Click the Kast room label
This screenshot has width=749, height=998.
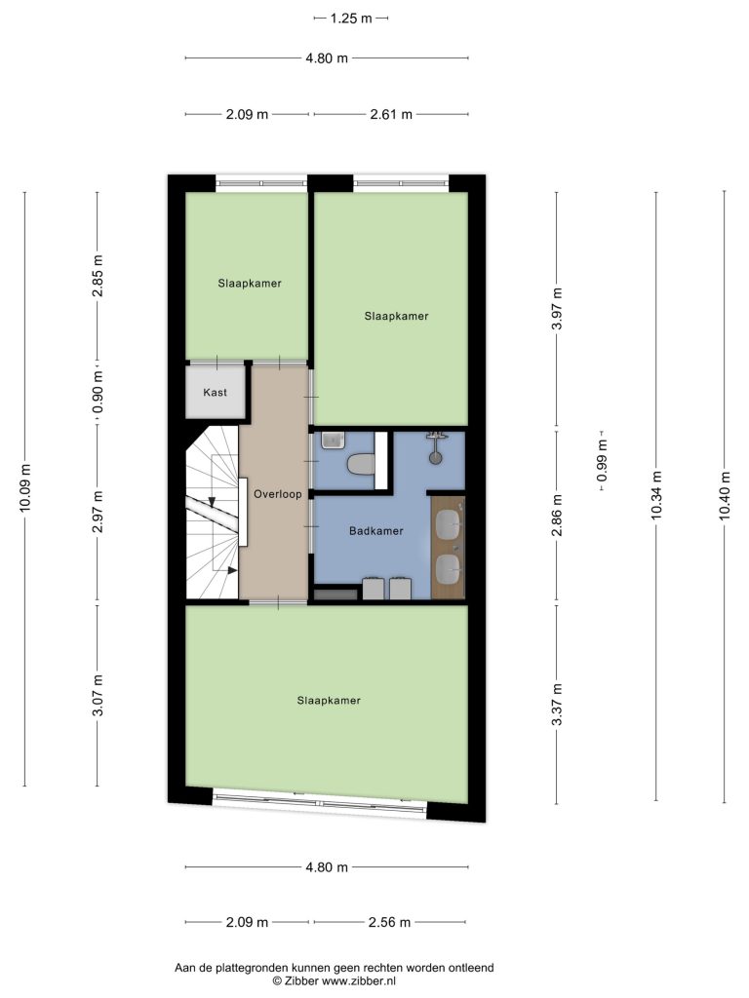pos(215,393)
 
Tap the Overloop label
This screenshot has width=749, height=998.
pos(278,494)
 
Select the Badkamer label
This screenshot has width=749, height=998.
pos(375,531)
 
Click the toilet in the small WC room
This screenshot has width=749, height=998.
pos(361,463)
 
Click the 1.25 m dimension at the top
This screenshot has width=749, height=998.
pos(351,19)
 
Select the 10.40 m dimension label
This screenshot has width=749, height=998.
pos(725,496)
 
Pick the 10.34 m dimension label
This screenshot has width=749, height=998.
pos(656,495)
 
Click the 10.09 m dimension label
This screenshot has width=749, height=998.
pos(24,488)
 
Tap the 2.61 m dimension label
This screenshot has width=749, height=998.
pos(391,115)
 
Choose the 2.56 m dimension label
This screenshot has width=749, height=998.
pos(389,922)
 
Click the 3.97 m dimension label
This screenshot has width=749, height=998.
pos(557,309)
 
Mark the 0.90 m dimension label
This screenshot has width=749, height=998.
pos(98,392)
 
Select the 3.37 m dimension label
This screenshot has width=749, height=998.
pos(557,706)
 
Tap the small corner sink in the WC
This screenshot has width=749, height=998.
pos(332,440)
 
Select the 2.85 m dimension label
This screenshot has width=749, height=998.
pos(98,276)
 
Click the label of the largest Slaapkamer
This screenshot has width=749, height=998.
pos(329,701)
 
